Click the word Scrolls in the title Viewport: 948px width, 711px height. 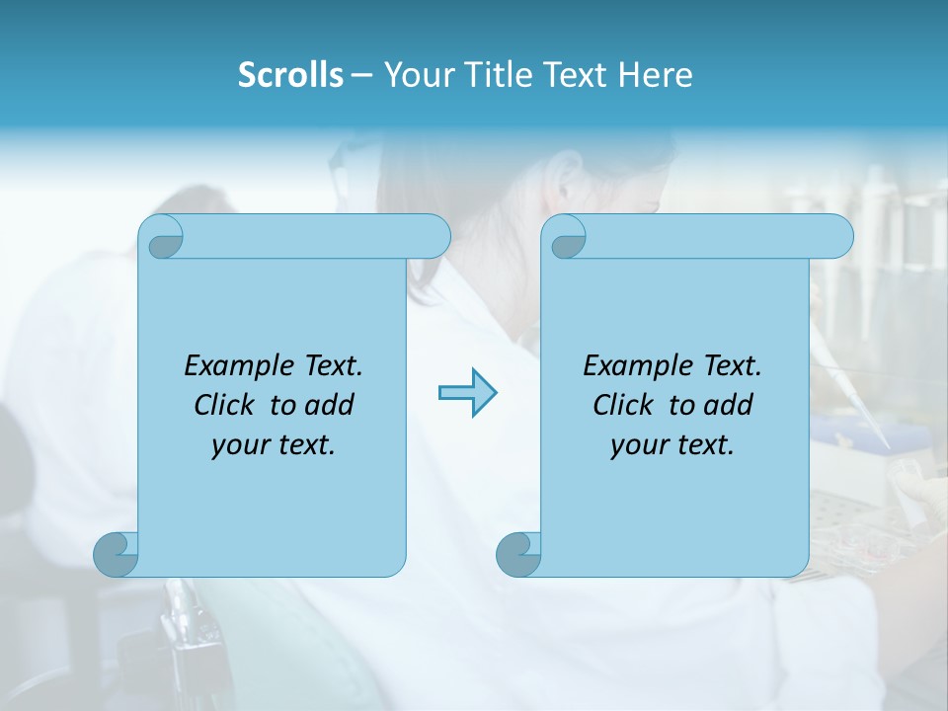point(290,75)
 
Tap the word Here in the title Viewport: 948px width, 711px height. point(656,75)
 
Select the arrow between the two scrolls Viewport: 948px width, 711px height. point(467,393)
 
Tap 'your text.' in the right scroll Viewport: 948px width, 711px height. point(672,445)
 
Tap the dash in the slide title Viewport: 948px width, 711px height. point(361,75)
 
